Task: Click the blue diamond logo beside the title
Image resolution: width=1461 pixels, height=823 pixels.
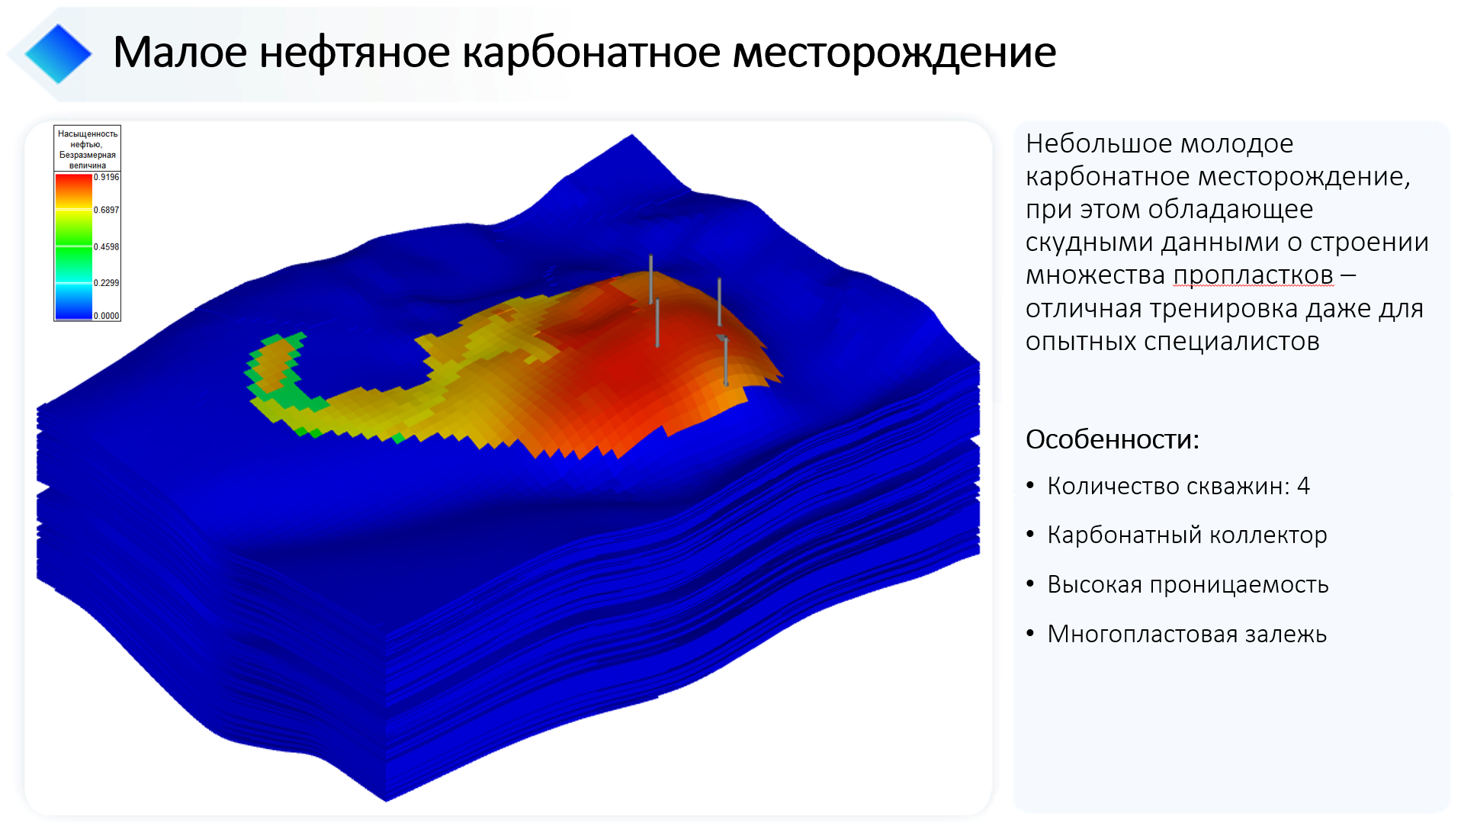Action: pos(58,53)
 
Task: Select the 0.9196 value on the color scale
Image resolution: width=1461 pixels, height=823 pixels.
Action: pos(107,177)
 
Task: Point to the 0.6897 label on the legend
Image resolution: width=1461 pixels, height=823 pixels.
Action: pos(107,210)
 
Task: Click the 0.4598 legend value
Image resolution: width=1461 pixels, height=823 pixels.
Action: pos(107,246)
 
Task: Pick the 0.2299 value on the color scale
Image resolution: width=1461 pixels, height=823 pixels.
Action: pos(107,282)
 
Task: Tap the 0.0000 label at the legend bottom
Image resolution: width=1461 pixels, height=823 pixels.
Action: pos(107,315)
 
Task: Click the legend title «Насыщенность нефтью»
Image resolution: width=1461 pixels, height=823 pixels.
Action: pos(88,139)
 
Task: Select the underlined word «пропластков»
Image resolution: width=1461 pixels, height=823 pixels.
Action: pos(1254,275)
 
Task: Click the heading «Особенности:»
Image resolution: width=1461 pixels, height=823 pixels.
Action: pos(1113,439)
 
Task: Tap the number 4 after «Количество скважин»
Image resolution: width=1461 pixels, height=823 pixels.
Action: pos(1303,486)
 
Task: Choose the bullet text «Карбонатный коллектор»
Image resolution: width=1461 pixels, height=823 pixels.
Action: pos(1187,535)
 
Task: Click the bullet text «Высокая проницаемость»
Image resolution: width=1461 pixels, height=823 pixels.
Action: pos(1188,585)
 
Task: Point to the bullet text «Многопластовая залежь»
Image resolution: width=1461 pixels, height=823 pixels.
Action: pos(1187,634)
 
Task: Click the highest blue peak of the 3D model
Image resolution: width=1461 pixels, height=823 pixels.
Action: pos(631,137)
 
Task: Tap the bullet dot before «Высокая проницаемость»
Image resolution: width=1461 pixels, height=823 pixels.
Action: pos(1030,584)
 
